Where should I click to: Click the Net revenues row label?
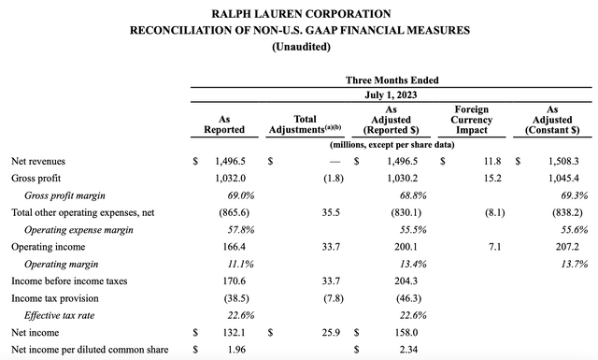tap(38, 162)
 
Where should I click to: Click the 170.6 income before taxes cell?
tap(230, 280)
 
